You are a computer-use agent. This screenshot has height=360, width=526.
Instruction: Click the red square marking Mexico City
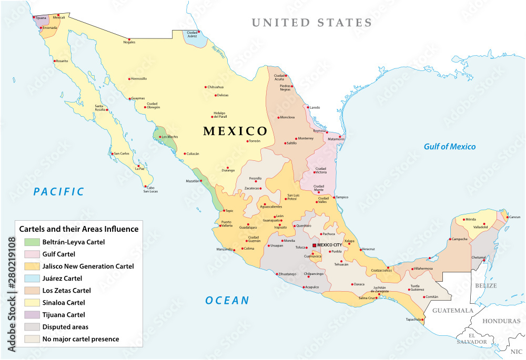click(x=315, y=245)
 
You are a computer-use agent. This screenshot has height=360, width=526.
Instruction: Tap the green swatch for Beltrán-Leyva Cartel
click(x=32, y=242)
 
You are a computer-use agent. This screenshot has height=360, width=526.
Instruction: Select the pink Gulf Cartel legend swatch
click(x=32, y=254)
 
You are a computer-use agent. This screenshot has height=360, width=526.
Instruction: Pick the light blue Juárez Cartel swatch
click(x=32, y=279)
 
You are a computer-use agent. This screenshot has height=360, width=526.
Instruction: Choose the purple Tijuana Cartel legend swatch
click(x=32, y=315)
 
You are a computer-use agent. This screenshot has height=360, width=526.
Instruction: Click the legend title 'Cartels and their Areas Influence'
click(x=79, y=229)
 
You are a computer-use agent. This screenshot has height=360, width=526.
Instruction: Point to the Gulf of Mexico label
click(x=450, y=147)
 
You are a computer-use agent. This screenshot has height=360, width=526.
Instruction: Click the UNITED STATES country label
click(x=311, y=23)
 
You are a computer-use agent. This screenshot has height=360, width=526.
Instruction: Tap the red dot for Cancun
click(x=507, y=217)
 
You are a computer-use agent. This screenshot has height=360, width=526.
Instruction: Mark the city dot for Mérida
click(x=464, y=219)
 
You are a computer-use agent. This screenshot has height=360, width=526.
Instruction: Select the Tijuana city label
click(x=41, y=18)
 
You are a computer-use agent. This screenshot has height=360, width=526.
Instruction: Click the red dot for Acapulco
click(x=304, y=287)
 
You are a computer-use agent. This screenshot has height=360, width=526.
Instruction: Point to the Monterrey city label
click(x=306, y=138)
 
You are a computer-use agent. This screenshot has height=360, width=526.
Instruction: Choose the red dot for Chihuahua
click(x=205, y=87)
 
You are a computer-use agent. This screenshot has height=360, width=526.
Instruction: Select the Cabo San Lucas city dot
click(x=145, y=185)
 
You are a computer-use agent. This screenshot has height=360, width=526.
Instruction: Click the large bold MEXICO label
click(x=235, y=131)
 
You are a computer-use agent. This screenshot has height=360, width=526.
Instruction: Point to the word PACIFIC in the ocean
click(x=58, y=192)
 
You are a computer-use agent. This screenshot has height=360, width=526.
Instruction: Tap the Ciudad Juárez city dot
click(x=199, y=32)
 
